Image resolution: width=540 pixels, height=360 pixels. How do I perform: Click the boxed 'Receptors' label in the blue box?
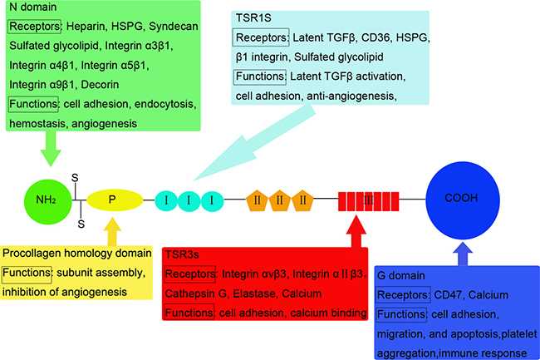click(x=403, y=294)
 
